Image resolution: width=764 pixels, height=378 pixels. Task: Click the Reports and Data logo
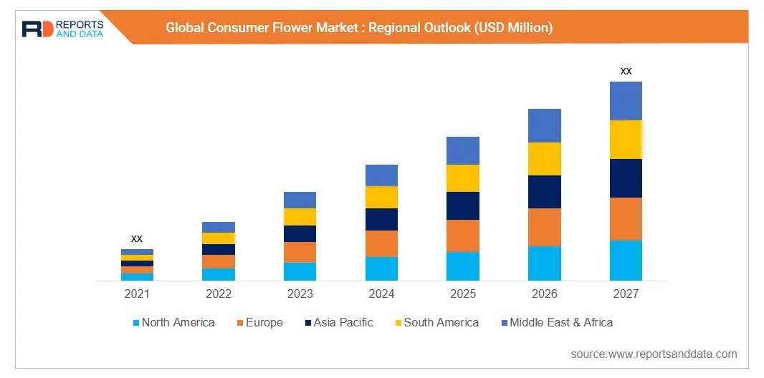[x=62, y=28]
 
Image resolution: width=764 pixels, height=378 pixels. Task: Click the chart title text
[x=359, y=28]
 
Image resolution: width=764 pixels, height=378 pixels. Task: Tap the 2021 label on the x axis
[x=137, y=294]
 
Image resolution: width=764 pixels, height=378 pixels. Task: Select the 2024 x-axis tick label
[x=381, y=294]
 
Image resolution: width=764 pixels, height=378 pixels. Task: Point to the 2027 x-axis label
[x=626, y=294]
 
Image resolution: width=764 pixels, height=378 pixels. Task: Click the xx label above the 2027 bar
[x=626, y=71]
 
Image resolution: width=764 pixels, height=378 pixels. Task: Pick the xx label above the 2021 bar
[x=137, y=238]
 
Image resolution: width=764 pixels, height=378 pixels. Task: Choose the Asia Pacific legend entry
[x=338, y=323]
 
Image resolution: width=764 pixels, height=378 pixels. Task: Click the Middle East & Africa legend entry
[x=557, y=323]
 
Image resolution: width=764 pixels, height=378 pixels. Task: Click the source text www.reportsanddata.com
[x=654, y=354]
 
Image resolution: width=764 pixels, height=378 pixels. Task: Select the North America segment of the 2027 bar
[x=626, y=261]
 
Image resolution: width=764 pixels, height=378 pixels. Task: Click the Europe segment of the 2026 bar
[x=545, y=227]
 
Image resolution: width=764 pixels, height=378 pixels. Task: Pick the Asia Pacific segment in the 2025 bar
[x=463, y=205]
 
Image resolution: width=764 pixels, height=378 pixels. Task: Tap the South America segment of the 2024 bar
[x=381, y=197]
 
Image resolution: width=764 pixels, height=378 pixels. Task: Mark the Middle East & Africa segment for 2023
[x=300, y=200]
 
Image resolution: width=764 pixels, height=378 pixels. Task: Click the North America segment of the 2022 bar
[x=219, y=274]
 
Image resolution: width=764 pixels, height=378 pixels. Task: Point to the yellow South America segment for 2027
[x=626, y=140]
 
